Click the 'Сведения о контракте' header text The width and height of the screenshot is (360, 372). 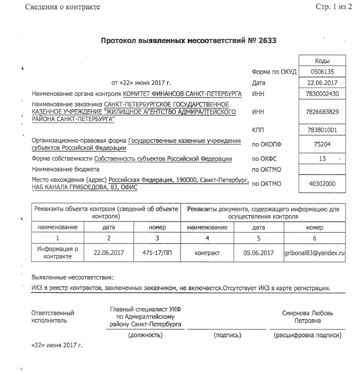62,7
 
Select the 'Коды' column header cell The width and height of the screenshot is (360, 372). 322,61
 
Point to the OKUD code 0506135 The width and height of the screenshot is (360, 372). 322,72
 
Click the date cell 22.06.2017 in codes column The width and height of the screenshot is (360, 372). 322,83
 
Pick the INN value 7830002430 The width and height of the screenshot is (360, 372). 322,94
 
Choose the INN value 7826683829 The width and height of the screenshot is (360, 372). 322,112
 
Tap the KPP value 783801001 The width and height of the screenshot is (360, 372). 322,130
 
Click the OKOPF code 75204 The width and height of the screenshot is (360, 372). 322,144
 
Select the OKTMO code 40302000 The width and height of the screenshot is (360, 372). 322,184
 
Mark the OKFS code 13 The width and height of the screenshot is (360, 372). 322,159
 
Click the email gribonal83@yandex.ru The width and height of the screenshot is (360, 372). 315,253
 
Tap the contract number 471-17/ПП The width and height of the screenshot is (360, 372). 157,253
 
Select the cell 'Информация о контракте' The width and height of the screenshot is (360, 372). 57,253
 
